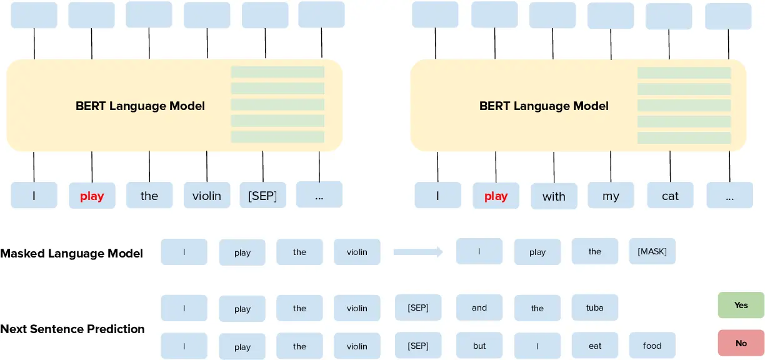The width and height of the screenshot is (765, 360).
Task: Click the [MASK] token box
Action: click(652, 251)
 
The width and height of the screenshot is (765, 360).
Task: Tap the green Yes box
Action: click(741, 305)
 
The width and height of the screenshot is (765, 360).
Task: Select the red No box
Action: click(741, 343)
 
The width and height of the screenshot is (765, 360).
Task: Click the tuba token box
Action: click(594, 307)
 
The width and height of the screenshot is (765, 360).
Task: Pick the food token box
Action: click(652, 346)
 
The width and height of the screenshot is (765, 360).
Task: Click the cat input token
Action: click(670, 196)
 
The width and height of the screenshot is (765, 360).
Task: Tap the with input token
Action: click(554, 196)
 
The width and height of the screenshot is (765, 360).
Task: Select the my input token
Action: click(611, 196)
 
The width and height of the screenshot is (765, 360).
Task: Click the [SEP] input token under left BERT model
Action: click(262, 196)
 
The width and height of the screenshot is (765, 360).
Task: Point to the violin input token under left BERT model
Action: click(207, 196)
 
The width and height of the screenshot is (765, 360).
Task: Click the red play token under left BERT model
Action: click(92, 196)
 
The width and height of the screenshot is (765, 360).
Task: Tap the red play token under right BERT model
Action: click(496, 196)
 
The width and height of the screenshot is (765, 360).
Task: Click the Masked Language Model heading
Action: click(72, 253)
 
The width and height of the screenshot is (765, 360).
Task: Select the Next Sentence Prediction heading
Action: click(72, 329)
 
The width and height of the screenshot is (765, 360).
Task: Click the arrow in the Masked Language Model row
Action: click(418, 252)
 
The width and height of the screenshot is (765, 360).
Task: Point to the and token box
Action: click(479, 307)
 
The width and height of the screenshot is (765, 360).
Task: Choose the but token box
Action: click(479, 346)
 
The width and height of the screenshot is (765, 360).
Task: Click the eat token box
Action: click(594, 346)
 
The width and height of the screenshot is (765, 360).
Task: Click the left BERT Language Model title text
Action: click(140, 106)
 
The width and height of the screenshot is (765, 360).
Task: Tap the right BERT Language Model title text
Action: click(544, 106)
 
